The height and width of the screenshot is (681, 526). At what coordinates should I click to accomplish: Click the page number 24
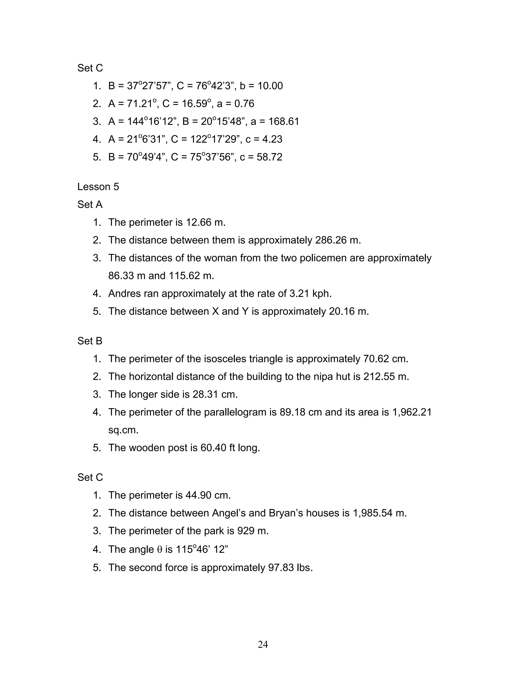pyautogui.click(x=263, y=644)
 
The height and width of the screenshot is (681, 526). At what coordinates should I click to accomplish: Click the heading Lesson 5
pyautogui.click(x=98, y=187)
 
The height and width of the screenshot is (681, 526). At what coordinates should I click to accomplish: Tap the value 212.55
pyautogui.click(x=379, y=377)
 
